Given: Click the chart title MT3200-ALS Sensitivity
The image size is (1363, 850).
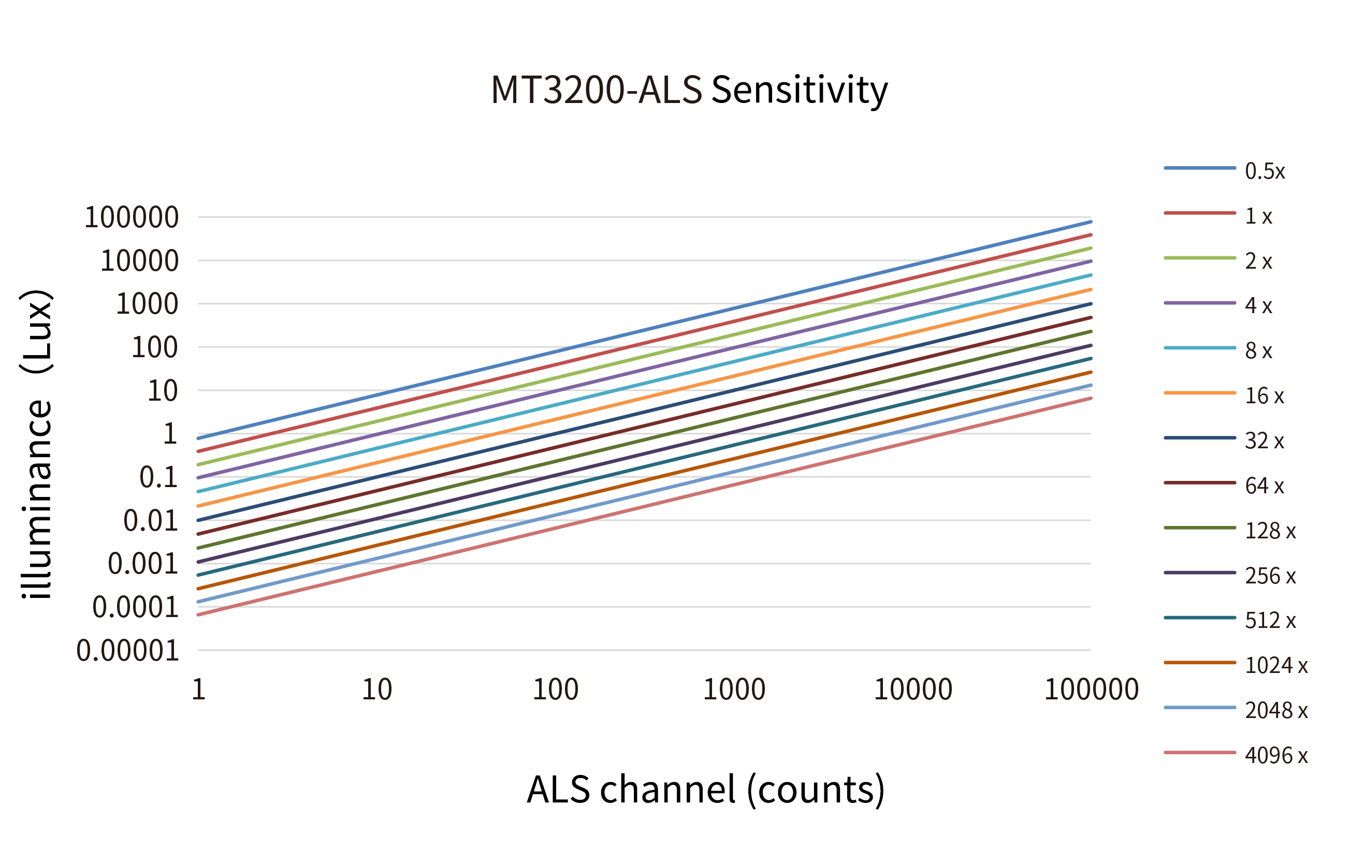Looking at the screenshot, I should point(689,90).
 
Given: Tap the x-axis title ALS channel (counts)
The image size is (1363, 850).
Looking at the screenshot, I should point(706,789).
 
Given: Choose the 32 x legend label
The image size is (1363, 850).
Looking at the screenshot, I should point(1264,441).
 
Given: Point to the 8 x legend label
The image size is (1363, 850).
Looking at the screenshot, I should point(1258,351).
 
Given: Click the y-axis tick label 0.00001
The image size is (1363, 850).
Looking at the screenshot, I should point(127,651).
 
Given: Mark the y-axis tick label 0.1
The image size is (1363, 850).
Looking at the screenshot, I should point(158,477).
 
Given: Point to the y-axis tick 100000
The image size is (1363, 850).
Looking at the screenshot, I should point(132,217).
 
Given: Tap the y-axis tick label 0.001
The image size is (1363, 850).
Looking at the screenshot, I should point(143,564).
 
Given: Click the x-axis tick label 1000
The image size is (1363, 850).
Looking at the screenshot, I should point(734,690).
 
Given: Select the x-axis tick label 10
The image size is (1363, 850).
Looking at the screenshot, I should point(376,690).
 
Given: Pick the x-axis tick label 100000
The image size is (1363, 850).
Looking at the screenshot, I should point(1091,690).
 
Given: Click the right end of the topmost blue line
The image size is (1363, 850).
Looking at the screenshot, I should point(1090,222).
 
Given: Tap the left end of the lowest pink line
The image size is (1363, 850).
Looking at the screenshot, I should point(199,614).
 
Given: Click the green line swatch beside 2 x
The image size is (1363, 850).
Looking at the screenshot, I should point(1199,258).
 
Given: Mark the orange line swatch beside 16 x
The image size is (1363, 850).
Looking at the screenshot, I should point(1199,393).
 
